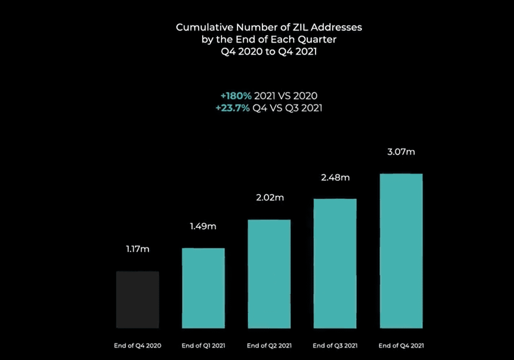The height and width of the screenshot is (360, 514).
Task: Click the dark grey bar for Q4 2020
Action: pos(137,299)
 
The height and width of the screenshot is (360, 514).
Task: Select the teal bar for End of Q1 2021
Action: pos(203,288)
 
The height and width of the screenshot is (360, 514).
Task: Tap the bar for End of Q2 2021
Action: pos(269,274)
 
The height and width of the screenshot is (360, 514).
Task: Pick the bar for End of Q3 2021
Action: pos(335,263)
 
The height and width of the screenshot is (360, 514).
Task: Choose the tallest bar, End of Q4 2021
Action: pos(401,251)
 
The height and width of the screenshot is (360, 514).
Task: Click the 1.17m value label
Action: pos(137,249)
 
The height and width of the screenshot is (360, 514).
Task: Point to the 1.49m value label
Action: pos(203,226)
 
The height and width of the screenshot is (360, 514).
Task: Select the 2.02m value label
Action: pos(269,198)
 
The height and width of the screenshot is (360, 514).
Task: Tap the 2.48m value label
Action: pos(335,178)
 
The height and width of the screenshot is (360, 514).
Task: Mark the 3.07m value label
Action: pos(401,152)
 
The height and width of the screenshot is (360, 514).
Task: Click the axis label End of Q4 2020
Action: pos(137,346)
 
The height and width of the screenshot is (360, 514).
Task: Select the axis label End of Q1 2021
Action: pos(203,346)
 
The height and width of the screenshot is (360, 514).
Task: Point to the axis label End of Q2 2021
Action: pos(269,346)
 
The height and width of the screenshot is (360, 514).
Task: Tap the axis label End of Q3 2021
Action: pos(335,346)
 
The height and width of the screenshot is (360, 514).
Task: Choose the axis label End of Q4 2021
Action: pos(401,346)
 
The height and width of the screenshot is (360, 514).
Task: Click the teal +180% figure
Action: pos(236,96)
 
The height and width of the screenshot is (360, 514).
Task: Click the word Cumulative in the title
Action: pos(199,28)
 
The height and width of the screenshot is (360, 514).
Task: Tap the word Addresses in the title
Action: pos(337,28)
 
